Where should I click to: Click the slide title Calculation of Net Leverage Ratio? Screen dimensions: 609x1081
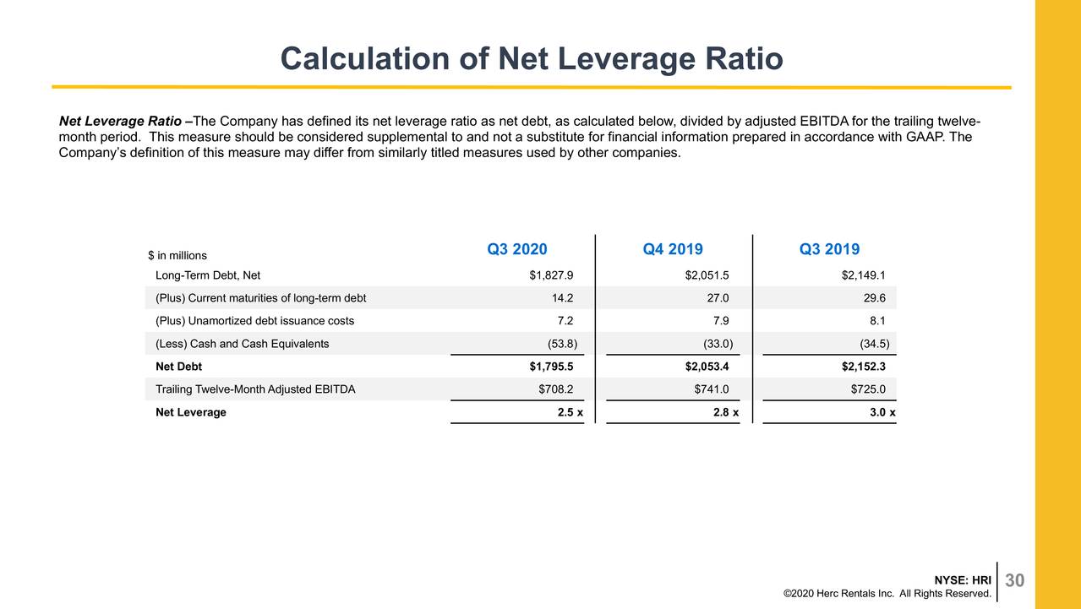click(531, 59)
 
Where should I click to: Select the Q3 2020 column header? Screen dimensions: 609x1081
click(516, 249)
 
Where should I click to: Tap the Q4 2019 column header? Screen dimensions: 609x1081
click(673, 249)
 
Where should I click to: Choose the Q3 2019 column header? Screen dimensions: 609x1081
click(829, 249)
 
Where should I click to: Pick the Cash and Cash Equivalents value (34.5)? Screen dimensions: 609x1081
click(873, 344)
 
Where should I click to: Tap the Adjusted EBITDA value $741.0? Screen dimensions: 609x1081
click(711, 389)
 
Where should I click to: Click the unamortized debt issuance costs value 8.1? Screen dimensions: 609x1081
click(876, 321)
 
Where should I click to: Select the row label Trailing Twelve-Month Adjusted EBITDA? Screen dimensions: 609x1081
click(255, 389)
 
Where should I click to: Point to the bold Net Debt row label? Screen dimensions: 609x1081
click(178, 367)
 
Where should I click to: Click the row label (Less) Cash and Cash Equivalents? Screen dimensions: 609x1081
click(243, 344)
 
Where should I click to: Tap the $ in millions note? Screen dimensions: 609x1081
click(177, 255)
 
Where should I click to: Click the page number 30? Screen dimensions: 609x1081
click(1015, 580)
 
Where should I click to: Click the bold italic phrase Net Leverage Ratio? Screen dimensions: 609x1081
click(119, 121)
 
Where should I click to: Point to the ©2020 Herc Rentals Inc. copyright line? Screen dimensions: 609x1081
click(887, 594)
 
